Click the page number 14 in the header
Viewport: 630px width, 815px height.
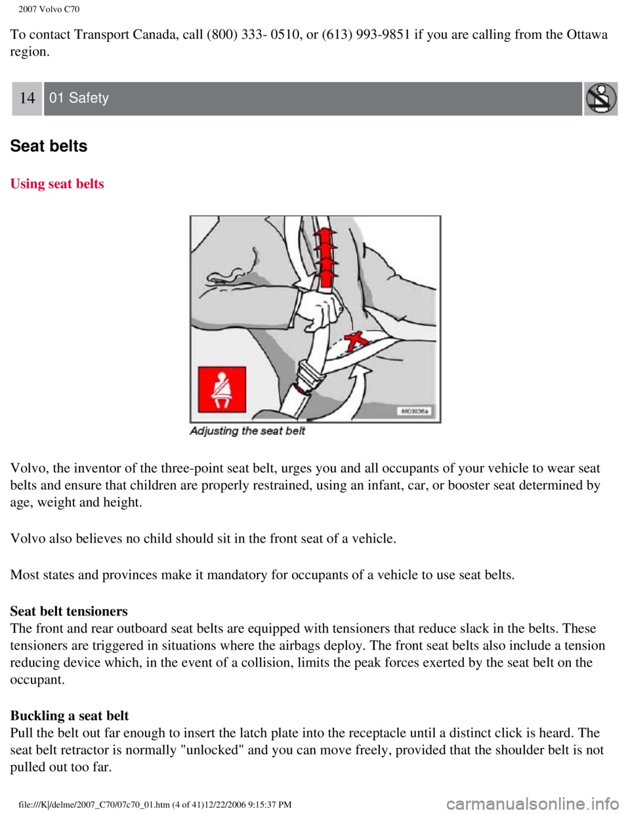coord(27,98)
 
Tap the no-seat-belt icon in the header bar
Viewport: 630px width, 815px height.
coord(600,98)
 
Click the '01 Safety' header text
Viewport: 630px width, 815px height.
coord(79,98)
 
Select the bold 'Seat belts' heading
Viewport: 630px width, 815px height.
coord(49,146)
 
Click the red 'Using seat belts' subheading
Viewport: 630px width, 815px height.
coord(57,184)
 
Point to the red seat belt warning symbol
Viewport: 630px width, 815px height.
coord(222,389)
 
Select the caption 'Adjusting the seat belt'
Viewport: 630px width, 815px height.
coord(247,431)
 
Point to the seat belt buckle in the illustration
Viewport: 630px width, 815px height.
coord(309,377)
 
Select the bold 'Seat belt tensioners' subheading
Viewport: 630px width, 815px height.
coord(69,612)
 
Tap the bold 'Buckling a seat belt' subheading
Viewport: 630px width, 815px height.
coord(70,716)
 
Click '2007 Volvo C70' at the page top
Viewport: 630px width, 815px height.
coord(49,9)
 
